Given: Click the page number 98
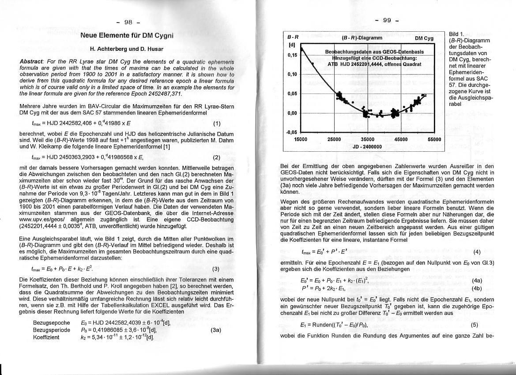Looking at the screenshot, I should pos(128,22).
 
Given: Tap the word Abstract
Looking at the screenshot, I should pos(32,60).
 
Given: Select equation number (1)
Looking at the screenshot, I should pos(216,124).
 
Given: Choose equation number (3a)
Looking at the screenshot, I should pos(215,330).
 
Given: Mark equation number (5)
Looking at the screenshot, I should pos(475,325).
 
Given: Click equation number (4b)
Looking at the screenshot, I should pos(477,289).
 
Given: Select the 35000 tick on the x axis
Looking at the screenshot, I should pos(368,139).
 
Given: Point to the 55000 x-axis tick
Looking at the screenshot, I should pos(434,139).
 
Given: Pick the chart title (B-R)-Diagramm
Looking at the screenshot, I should pos(362,38).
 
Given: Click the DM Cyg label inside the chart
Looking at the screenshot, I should pos(424,38).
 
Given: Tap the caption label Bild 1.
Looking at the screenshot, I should pos(456,34).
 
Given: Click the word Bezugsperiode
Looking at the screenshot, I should pos(52,330).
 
